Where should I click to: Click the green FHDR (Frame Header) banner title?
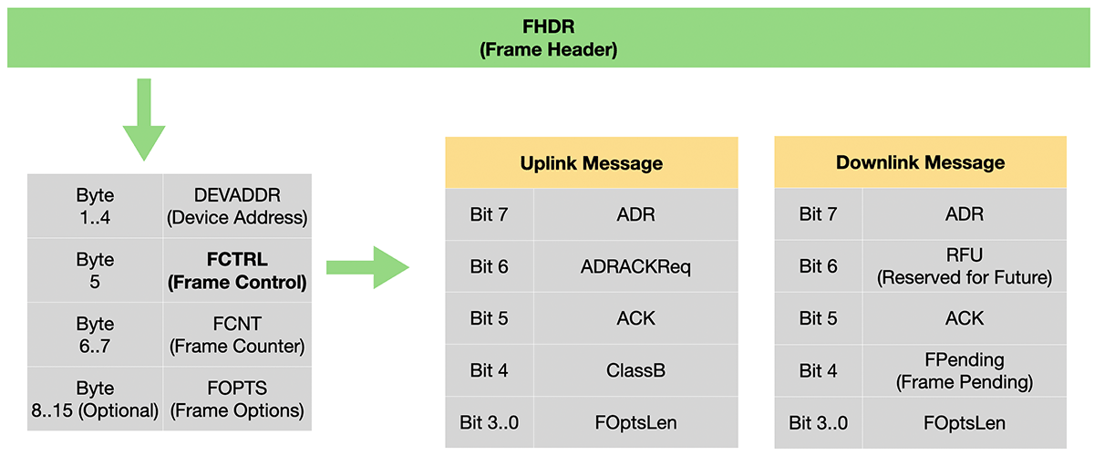[x=548, y=37]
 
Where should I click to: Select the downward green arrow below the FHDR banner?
[x=144, y=119]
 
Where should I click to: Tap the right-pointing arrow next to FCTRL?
[x=367, y=267]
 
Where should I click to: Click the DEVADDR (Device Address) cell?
[x=237, y=206]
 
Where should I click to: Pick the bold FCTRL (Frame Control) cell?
[x=237, y=270]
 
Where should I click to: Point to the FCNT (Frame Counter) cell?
[x=237, y=335]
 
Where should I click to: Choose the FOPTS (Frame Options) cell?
[x=237, y=399]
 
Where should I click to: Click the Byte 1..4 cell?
[x=95, y=206]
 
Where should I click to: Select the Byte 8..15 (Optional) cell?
[x=95, y=399]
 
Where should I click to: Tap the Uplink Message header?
[x=592, y=162]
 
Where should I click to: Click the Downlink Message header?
[x=921, y=162]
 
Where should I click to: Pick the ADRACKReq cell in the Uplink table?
[x=636, y=266]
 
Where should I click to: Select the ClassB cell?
[x=636, y=370]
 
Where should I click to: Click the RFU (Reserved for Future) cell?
[x=965, y=266]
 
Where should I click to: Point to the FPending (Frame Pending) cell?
[x=965, y=370]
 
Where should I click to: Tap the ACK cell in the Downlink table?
[x=965, y=318]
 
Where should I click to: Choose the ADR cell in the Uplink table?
[x=636, y=214]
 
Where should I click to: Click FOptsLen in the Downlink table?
[x=965, y=423]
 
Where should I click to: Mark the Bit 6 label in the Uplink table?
[x=489, y=266]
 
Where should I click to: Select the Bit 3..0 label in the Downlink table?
[x=819, y=423]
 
